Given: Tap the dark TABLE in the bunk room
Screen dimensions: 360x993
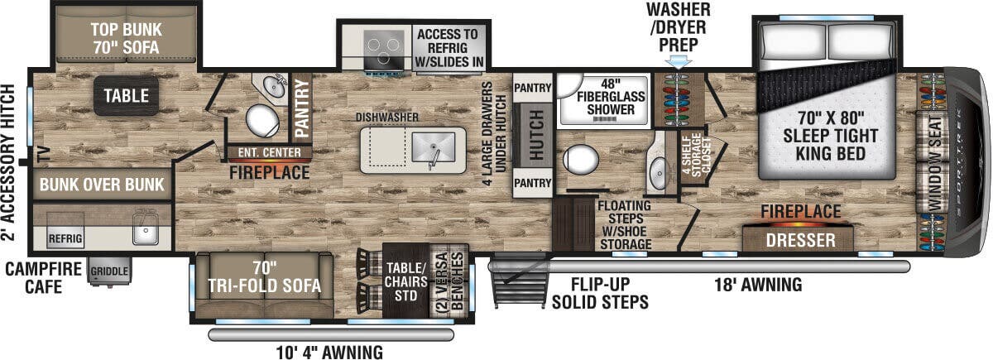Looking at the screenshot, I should (x=127, y=96).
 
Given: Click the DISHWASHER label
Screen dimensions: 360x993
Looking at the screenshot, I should (x=386, y=118).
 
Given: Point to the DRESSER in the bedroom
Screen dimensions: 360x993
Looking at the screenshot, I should (x=799, y=240).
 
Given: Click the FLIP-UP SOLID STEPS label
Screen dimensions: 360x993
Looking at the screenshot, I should (x=601, y=294).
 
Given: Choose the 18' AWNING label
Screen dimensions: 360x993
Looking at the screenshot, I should (x=759, y=286).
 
